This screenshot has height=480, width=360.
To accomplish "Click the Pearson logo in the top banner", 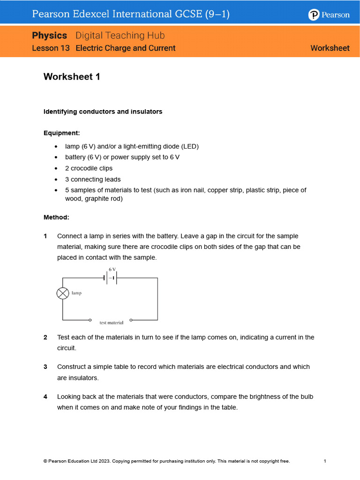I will [329, 15].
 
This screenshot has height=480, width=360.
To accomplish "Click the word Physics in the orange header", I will [50, 36].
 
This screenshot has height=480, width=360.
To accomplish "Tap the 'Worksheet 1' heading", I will [72, 77].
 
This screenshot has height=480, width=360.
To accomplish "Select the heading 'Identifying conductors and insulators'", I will [103, 112].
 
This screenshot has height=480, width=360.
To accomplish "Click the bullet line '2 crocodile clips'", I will [89, 168].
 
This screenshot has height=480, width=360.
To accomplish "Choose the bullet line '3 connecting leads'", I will [93, 179].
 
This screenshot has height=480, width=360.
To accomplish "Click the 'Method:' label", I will [56, 217].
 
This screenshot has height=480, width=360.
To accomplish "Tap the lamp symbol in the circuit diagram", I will [63, 293].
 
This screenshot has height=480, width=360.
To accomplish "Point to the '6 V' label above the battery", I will [112, 270].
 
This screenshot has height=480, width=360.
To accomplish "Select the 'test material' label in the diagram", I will [112, 323].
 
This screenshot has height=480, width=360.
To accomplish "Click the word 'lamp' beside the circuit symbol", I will [76, 293].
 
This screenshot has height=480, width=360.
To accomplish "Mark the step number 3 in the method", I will [45, 367].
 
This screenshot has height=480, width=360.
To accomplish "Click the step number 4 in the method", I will [45, 397].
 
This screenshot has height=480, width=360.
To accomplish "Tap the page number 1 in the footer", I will [325, 461].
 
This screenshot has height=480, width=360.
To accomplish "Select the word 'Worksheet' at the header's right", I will [330, 48].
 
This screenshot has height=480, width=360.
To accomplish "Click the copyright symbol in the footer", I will [45, 461].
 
